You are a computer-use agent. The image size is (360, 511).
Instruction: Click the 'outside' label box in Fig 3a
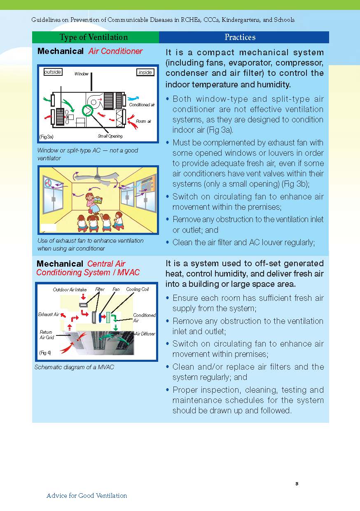click(x=52, y=72)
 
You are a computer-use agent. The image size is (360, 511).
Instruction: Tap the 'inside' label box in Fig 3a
click(x=145, y=73)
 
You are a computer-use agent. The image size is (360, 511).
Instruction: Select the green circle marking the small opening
click(x=89, y=110)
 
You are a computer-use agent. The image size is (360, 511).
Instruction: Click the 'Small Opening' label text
click(x=110, y=136)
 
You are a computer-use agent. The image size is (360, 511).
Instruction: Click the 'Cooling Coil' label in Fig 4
click(x=137, y=290)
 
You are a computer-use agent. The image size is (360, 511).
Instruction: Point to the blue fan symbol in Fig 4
click(x=102, y=317)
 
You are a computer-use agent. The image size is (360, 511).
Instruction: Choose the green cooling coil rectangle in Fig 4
click(x=108, y=317)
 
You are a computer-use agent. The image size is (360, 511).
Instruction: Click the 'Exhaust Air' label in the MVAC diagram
click(x=49, y=314)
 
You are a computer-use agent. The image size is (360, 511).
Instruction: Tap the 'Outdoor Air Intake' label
click(x=70, y=290)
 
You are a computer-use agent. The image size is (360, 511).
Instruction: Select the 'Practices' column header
click(x=240, y=37)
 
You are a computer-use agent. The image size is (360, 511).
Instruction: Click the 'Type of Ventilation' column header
click(x=94, y=37)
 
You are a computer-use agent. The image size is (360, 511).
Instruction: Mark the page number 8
click(x=297, y=483)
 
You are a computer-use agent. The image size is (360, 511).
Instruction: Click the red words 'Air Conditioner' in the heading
click(x=115, y=51)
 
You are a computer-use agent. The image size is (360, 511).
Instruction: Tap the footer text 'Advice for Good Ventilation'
click(x=86, y=496)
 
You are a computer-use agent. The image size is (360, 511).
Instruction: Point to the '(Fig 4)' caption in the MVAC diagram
click(x=45, y=353)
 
